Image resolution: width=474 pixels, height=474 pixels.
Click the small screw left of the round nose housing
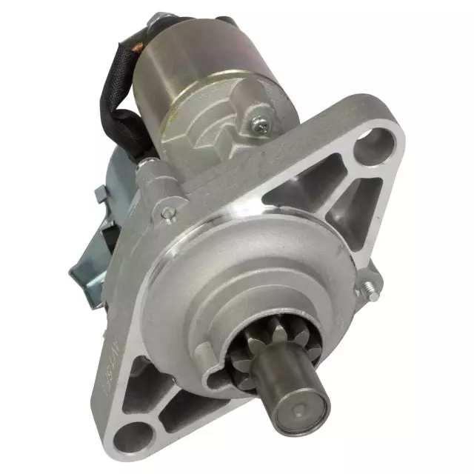(168, 213)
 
